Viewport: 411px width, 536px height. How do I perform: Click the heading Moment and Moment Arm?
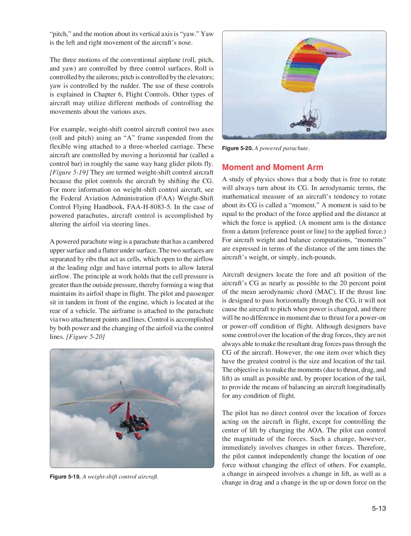point(272,167)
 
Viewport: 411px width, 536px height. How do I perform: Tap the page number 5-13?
point(379,508)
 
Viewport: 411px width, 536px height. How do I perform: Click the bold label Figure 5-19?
point(65,477)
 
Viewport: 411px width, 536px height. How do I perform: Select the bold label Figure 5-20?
point(237,148)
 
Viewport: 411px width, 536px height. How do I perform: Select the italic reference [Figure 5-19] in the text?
point(69,172)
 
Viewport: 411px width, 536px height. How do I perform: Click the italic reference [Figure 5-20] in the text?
point(85,337)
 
